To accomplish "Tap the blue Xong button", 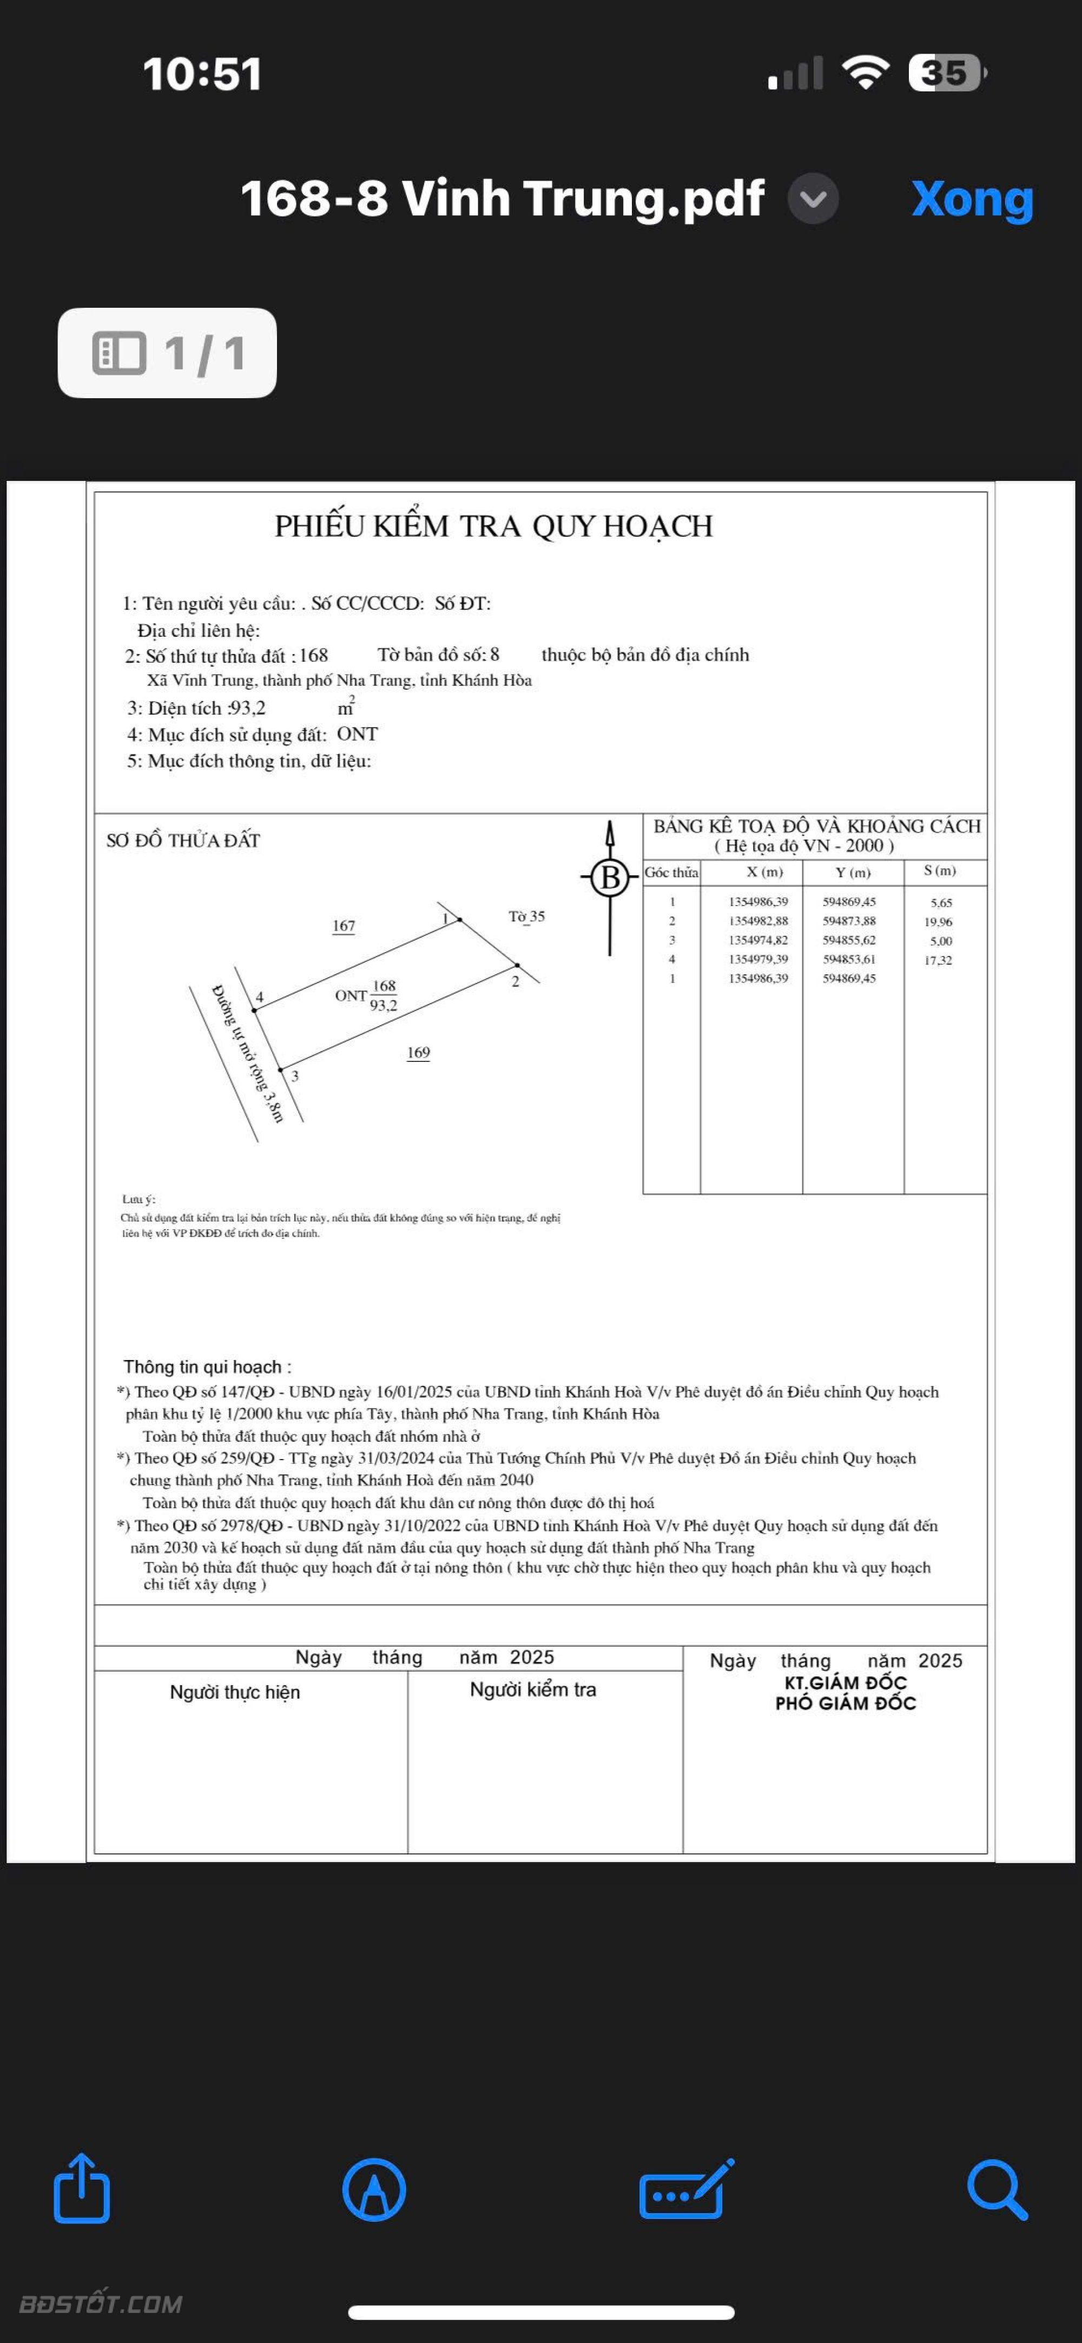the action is point(972,199).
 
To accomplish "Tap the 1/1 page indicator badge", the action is point(167,353).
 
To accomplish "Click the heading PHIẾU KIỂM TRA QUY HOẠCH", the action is point(494,526).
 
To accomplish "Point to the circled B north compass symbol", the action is point(610,877).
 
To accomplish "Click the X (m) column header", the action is point(764,872).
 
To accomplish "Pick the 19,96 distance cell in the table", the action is point(938,921).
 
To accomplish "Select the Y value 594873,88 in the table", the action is point(849,920).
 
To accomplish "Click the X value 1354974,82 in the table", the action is point(758,940).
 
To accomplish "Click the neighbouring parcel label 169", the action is point(418,1052).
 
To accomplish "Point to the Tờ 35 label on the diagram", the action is point(526,916).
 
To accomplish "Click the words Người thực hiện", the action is point(235,1692).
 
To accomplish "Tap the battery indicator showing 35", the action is point(947,73).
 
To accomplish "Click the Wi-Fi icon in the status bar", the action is point(867,73).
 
